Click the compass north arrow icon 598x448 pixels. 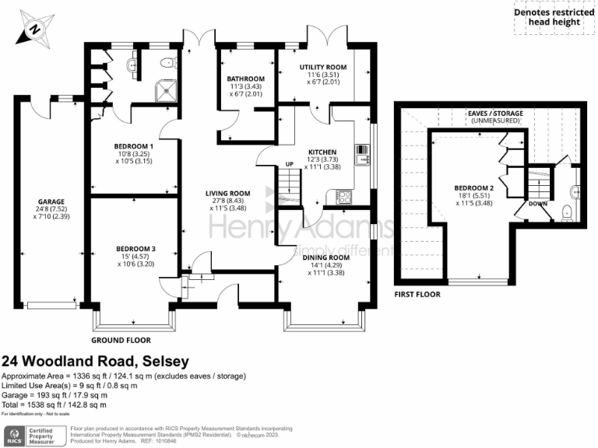pyautogui.click(x=34, y=29)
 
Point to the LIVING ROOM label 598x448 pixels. pyautogui.click(x=227, y=193)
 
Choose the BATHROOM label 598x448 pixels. pyautogui.click(x=245, y=79)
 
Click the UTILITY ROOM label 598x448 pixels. pyautogui.click(x=323, y=68)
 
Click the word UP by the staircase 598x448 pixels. pyautogui.click(x=289, y=164)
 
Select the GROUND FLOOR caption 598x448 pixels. pyautogui.click(x=121, y=340)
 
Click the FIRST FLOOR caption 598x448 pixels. pyautogui.click(x=417, y=295)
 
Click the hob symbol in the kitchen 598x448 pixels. pyautogui.click(x=343, y=198)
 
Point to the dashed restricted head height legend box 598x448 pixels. pyautogui.click(x=554, y=18)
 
